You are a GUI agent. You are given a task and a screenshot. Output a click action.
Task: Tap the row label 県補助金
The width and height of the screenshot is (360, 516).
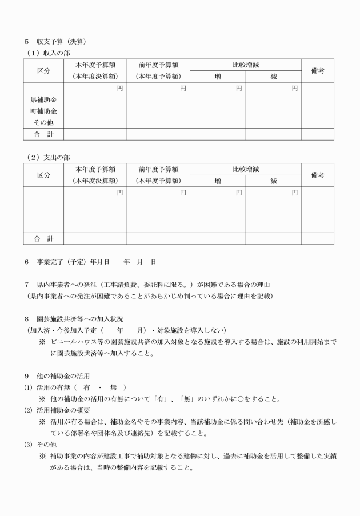click(x=43, y=100)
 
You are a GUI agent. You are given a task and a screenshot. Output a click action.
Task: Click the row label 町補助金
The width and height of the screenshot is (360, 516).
click(x=43, y=111)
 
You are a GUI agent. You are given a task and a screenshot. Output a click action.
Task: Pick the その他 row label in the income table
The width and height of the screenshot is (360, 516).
click(x=43, y=123)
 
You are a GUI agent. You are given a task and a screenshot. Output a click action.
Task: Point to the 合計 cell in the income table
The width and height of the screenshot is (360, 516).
click(x=43, y=135)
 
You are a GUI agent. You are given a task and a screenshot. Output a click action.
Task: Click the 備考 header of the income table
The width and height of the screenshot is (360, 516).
click(x=318, y=70)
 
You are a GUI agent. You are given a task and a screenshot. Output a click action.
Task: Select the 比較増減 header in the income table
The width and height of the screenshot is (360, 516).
click(x=246, y=65)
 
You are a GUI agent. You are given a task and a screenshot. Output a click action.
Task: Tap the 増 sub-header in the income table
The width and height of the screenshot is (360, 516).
click(x=218, y=77)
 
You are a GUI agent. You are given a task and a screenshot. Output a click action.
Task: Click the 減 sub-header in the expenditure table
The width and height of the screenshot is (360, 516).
click(x=274, y=181)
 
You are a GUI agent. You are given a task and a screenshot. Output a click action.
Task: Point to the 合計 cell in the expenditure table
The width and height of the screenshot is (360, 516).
click(x=43, y=239)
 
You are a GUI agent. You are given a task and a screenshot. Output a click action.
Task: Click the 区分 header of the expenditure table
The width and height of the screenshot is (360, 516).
click(x=43, y=175)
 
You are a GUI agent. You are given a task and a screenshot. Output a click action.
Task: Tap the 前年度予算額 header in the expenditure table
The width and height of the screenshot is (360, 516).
click(x=158, y=169)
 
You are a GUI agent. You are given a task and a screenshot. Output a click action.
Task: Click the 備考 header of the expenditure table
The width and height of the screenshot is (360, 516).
click(x=318, y=175)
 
